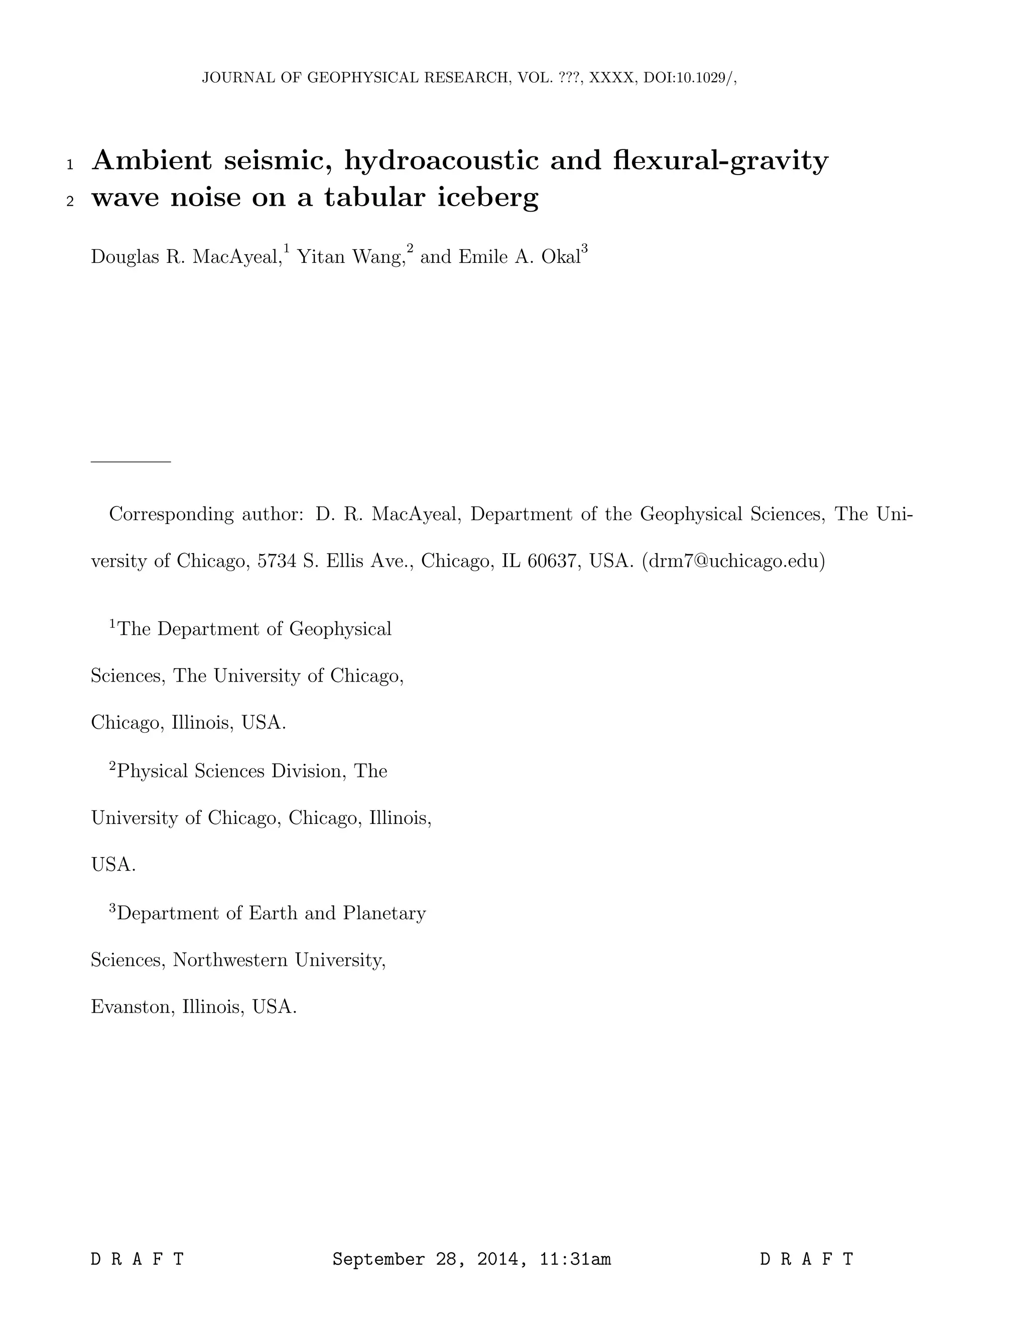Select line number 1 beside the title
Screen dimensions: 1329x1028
coord(70,165)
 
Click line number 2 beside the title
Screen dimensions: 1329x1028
coord(70,202)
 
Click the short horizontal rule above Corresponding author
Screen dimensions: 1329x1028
coord(131,462)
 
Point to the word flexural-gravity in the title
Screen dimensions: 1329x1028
coord(720,160)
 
